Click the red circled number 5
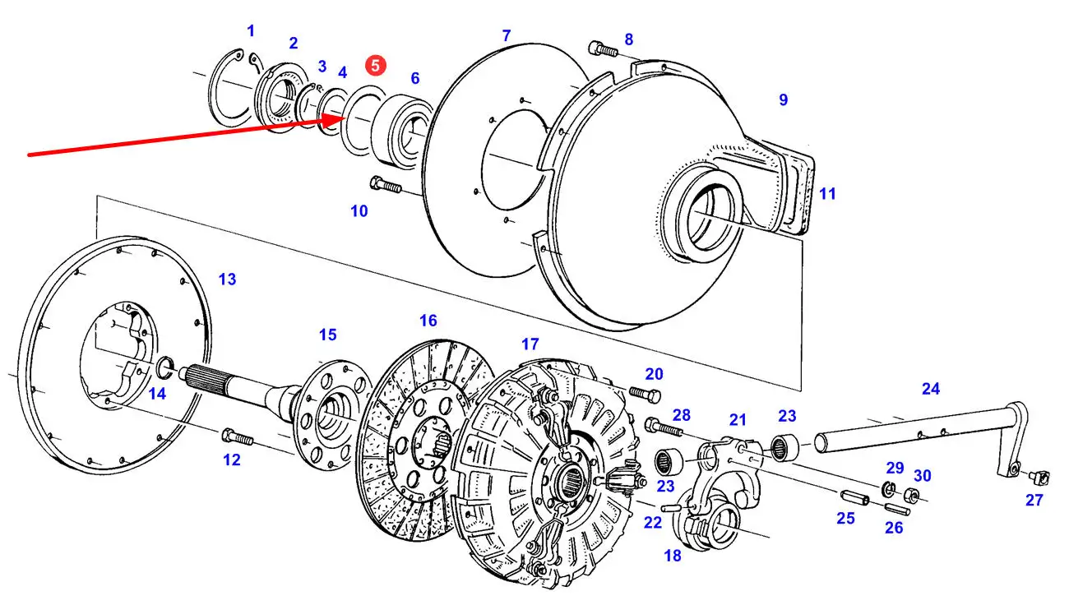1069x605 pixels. point(376,66)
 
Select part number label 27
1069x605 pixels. point(1034,500)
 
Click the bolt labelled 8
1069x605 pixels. point(604,48)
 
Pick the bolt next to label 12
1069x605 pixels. point(238,436)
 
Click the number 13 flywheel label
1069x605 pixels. point(227,279)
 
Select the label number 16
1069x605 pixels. point(428,321)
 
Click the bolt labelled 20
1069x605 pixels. point(645,394)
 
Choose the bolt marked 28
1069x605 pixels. point(664,427)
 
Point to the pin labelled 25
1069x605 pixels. point(854,496)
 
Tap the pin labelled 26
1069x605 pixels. point(897,509)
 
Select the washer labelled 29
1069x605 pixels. point(888,488)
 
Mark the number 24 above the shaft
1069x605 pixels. point(931,389)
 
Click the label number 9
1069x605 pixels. point(783,99)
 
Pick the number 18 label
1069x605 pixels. point(673,556)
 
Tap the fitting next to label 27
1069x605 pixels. point(1040,477)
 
